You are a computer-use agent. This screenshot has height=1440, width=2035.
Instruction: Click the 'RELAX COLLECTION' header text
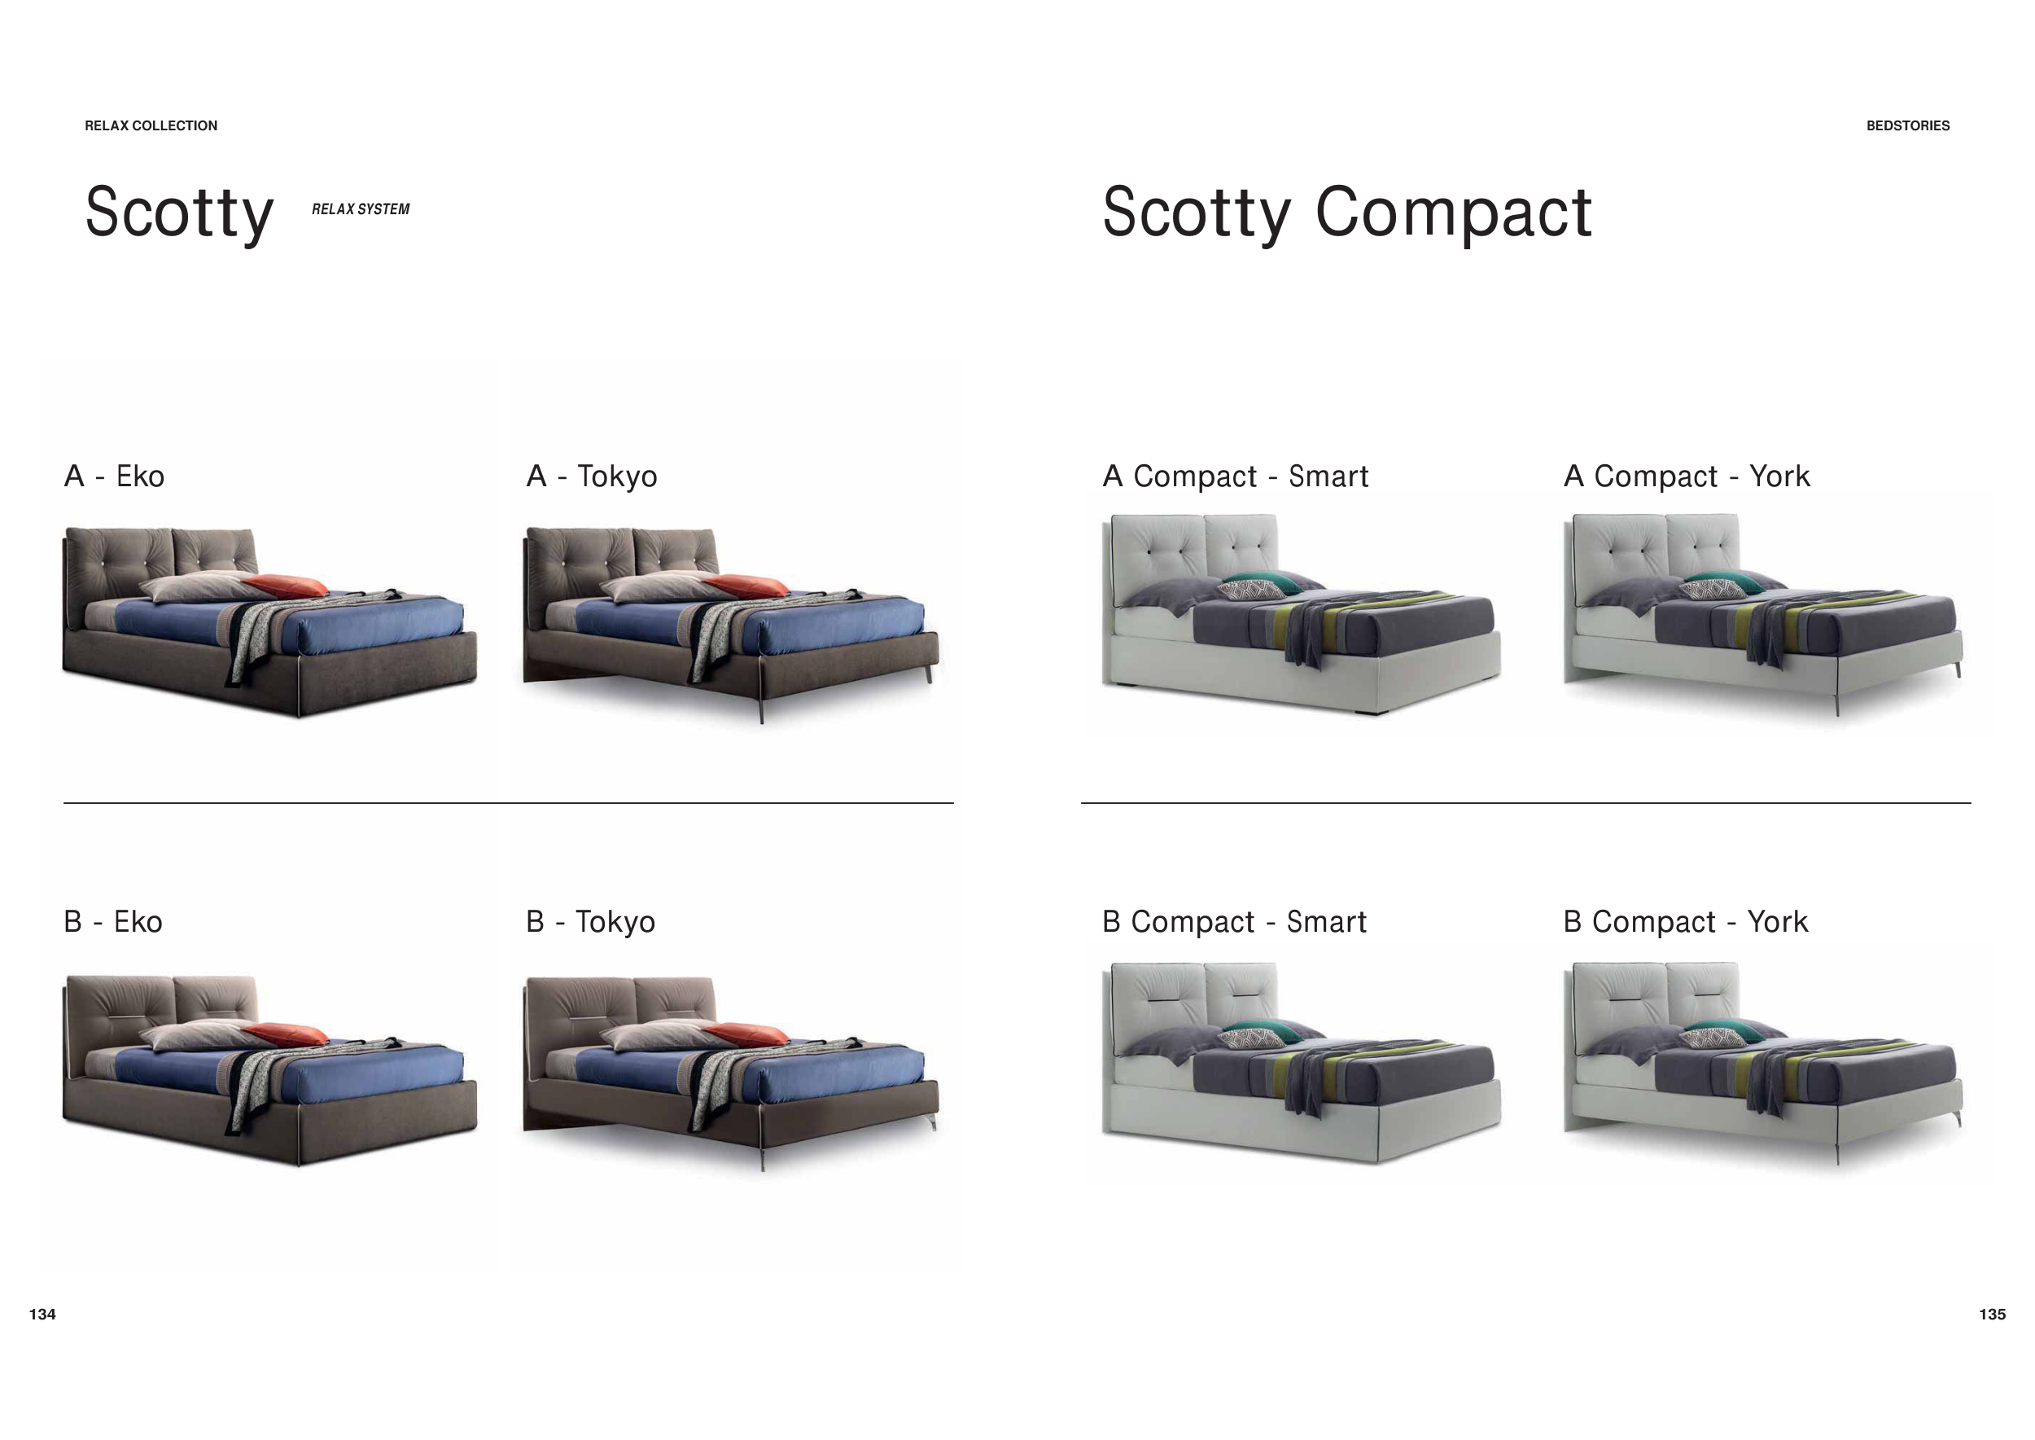pyautogui.click(x=151, y=126)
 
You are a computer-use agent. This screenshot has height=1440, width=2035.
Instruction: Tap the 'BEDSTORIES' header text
pyautogui.click(x=1907, y=126)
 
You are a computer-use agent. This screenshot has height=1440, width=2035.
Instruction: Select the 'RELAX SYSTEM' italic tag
pyautogui.click(x=361, y=209)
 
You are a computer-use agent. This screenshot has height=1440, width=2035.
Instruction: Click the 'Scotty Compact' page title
pyautogui.click(x=1346, y=213)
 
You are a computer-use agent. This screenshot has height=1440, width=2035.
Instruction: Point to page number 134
pyautogui.click(x=42, y=1314)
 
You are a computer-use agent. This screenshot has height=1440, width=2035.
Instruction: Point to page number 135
pyautogui.click(x=1993, y=1314)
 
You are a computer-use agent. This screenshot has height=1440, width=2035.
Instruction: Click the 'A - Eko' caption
pyautogui.click(x=114, y=476)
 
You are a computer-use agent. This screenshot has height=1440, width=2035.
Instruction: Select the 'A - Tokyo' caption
pyautogui.click(x=592, y=477)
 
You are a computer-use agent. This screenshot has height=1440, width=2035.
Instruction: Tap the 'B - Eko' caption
pyautogui.click(x=113, y=921)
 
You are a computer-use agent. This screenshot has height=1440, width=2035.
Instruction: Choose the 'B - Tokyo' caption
pyautogui.click(x=591, y=922)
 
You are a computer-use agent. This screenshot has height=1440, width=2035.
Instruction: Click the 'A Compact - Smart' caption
pyautogui.click(x=1236, y=477)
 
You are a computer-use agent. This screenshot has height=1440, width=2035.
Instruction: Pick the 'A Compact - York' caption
pyautogui.click(x=1687, y=477)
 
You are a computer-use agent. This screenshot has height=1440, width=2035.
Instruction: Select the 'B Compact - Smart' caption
pyautogui.click(x=1235, y=922)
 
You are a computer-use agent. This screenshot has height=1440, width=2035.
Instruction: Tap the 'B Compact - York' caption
pyautogui.click(x=1686, y=922)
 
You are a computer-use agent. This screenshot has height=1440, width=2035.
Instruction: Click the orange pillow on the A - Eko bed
pyautogui.click(x=286, y=586)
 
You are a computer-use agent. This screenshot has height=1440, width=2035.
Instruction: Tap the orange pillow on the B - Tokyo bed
pyautogui.click(x=746, y=1033)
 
